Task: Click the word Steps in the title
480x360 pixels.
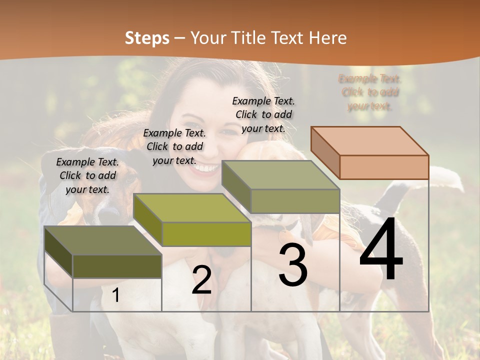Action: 147,38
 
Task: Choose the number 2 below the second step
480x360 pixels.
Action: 201,280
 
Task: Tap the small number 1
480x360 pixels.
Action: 116,295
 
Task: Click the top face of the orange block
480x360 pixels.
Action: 369,140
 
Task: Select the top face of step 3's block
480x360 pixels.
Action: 280,175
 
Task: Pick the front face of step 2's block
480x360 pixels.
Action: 206,234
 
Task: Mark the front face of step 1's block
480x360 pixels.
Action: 117,266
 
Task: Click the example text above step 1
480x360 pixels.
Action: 87,175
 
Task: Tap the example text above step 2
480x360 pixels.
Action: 174,146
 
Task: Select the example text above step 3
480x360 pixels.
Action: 263,114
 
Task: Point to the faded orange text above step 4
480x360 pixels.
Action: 370,92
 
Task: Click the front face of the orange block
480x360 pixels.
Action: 384,167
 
